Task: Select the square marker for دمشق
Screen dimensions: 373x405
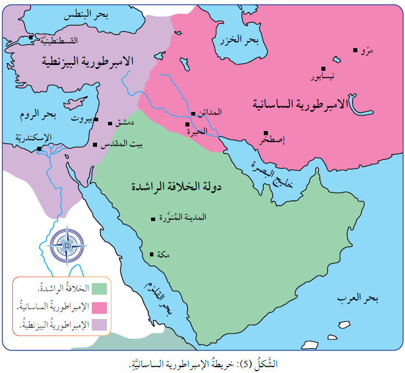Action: coord(110,123)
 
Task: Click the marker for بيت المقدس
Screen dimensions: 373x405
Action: coord(95,145)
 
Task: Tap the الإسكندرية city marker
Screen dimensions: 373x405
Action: coord(39,149)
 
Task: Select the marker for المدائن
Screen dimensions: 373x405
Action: coord(193,114)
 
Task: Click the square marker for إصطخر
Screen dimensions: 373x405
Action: coord(266,133)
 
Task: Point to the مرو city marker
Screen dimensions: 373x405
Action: coord(355,50)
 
